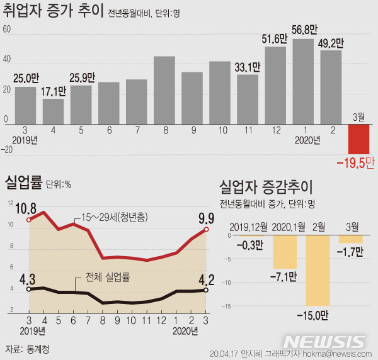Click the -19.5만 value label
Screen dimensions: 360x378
(355, 163)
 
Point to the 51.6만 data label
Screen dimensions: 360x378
(275, 39)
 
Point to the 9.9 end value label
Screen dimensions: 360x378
(207, 218)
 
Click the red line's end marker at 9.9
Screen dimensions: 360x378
(206, 230)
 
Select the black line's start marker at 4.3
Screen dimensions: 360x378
(29, 290)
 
